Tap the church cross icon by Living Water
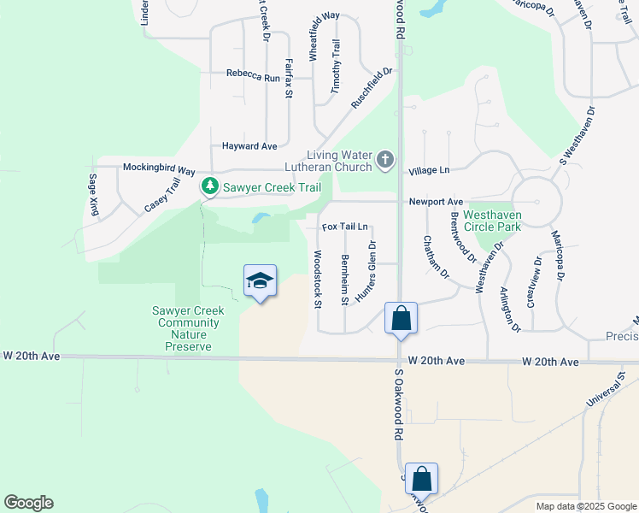pos(385,159)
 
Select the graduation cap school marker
pos(260,280)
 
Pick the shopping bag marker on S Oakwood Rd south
pos(421,479)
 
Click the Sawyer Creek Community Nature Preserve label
pos(189,329)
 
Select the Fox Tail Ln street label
pos(345,227)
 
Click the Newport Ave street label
pos(436,201)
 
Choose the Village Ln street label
pos(428,171)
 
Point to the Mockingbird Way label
pos(159,168)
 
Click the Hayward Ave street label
pos(249,146)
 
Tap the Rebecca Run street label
pos(253,77)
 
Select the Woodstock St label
pos(317,279)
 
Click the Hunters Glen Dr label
pos(366,270)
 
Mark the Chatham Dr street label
pos(436,257)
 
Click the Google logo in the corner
pos(28,503)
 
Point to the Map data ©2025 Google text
pos(585,506)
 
